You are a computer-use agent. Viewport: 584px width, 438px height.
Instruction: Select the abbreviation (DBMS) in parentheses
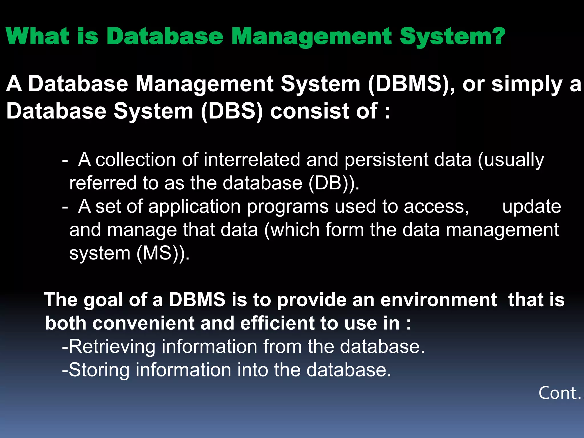click(411, 84)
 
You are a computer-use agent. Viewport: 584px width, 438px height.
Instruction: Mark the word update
click(532, 206)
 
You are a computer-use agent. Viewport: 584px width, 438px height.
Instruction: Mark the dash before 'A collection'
click(65, 160)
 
